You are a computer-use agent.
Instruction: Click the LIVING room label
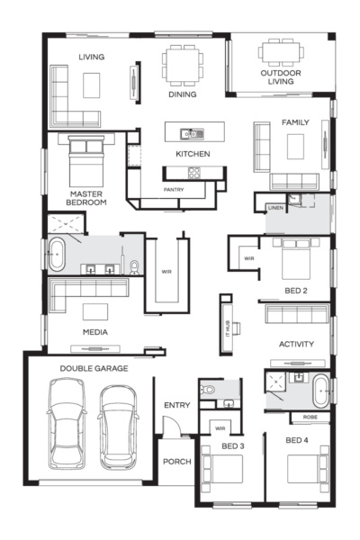tap(91, 57)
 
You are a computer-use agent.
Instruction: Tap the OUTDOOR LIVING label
tap(281, 77)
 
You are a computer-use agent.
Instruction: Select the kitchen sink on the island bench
tap(192, 133)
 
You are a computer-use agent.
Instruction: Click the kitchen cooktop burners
tap(194, 173)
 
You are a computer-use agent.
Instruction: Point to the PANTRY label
tap(174, 189)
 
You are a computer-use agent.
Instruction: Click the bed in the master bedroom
tap(86, 161)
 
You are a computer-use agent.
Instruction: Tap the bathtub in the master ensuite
tap(56, 255)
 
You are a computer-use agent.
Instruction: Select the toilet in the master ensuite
tap(135, 267)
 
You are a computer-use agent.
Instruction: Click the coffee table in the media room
tap(95, 311)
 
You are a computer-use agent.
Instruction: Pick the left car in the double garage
tap(67, 423)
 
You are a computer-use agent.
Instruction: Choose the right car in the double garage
tap(118, 427)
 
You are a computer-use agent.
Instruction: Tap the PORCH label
tap(177, 462)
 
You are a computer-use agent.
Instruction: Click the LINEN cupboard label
tap(275, 208)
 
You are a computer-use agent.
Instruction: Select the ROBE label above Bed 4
tap(310, 417)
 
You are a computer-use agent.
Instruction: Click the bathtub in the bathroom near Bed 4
tap(321, 391)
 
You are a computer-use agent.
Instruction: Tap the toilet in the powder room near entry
tap(207, 390)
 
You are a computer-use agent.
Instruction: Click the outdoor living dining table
tap(281, 52)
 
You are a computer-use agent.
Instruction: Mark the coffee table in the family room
tap(295, 147)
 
